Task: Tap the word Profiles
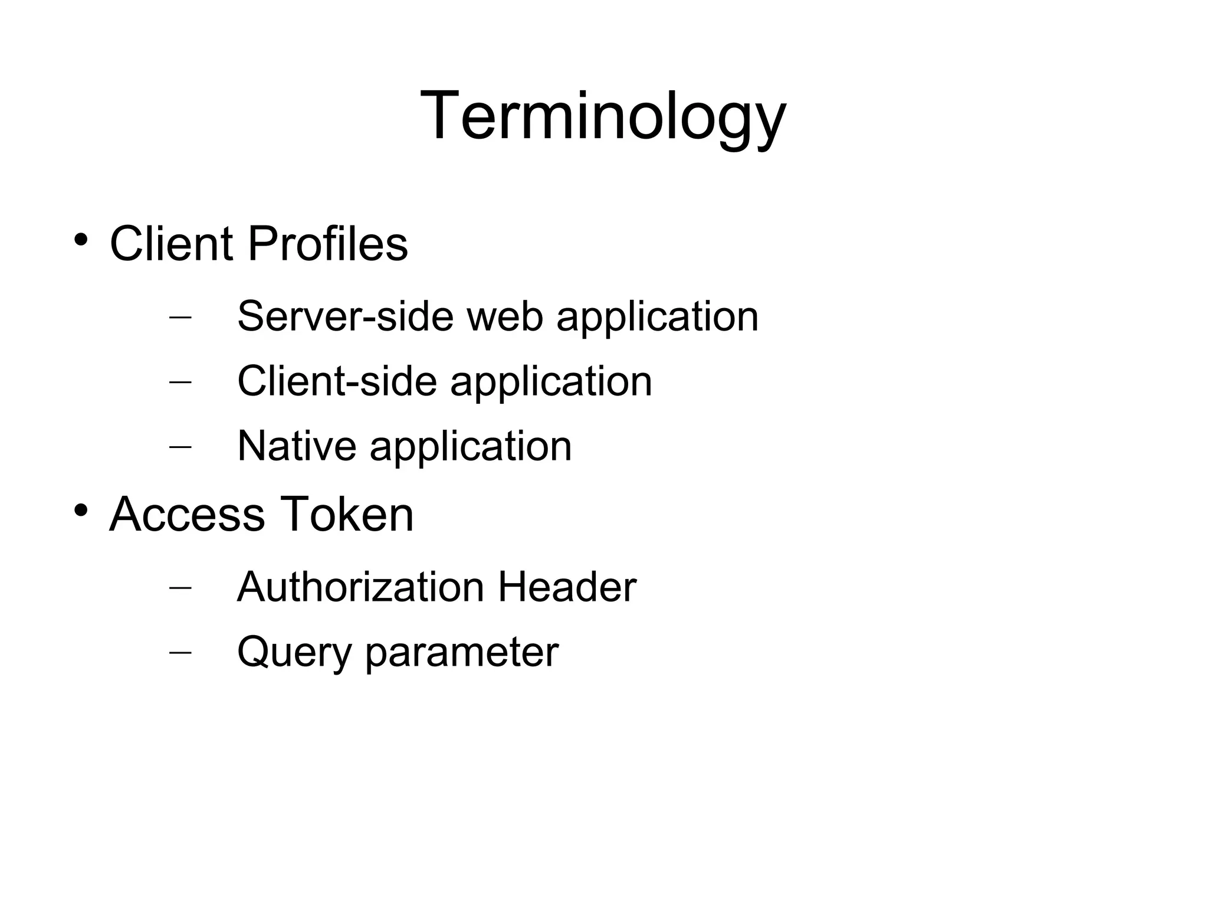pos(327,244)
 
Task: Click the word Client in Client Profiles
pos(171,244)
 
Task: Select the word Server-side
pos(345,316)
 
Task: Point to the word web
pos(505,316)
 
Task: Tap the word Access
pos(187,514)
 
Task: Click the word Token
pos(346,514)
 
